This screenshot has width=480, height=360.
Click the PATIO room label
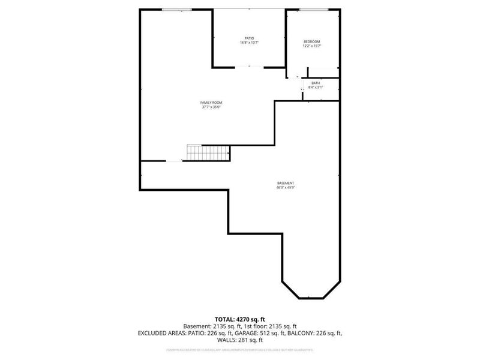coord(249,38)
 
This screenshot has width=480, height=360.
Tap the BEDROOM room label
coord(312,41)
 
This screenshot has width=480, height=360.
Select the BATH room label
coord(316,83)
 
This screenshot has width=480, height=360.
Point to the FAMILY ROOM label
coord(211,103)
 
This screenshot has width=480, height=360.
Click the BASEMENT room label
coord(286,183)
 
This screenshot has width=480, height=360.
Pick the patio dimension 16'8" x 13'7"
coord(249,43)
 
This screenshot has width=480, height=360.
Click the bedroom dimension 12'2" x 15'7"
coord(312,46)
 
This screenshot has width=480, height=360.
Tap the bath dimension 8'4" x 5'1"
coord(316,88)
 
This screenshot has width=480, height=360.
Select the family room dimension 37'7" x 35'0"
coord(211,107)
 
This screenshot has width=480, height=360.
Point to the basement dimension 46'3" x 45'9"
coord(286,188)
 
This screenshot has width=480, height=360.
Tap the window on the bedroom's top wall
coord(314,9)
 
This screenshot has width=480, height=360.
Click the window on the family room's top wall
coord(177,9)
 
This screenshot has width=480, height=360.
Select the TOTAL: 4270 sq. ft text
coord(240,319)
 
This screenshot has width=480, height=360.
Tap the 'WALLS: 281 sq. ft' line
coord(240,340)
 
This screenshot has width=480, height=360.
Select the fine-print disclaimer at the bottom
coord(240,349)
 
